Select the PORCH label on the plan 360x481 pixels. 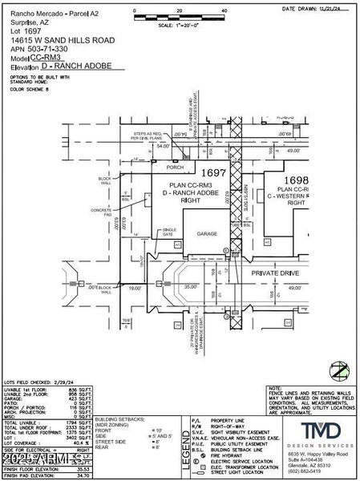click(170, 168)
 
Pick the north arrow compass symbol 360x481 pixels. click(341, 371)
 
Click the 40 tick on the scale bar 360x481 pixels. click(224, 11)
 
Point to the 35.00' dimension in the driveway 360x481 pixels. click(191, 285)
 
